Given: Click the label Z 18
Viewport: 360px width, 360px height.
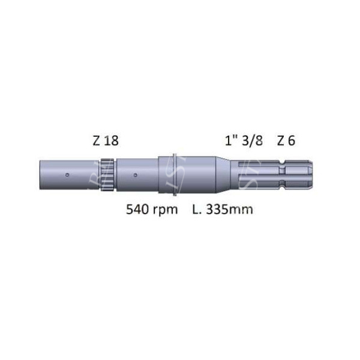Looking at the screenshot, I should pyautogui.click(x=106, y=141).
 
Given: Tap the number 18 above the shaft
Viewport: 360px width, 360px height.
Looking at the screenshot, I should pyautogui.click(x=112, y=141).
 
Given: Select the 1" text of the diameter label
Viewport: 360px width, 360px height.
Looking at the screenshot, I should pyautogui.click(x=230, y=141).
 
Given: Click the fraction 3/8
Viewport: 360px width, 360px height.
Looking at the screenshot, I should pyautogui.click(x=253, y=141).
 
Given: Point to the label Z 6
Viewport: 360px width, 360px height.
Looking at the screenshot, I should pyautogui.click(x=286, y=141).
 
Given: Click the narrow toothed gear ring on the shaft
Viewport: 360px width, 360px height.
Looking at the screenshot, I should pyautogui.click(x=107, y=175).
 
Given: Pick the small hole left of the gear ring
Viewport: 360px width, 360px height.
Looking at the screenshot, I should pyautogui.click(x=67, y=175).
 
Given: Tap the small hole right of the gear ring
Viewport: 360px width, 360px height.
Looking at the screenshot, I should pyautogui.click(x=136, y=175).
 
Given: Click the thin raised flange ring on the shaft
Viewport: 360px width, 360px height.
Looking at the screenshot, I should pyautogui.click(x=173, y=175).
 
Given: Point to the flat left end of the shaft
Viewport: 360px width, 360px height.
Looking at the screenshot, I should pyautogui.click(x=41, y=175).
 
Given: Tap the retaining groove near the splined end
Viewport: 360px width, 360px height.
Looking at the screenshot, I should pyautogui.click(x=287, y=175).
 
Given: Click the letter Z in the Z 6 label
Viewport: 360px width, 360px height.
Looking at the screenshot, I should pyautogui.click(x=281, y=141).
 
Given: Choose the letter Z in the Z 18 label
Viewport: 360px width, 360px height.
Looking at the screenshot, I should pyautogui.click(x=97, y=141).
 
